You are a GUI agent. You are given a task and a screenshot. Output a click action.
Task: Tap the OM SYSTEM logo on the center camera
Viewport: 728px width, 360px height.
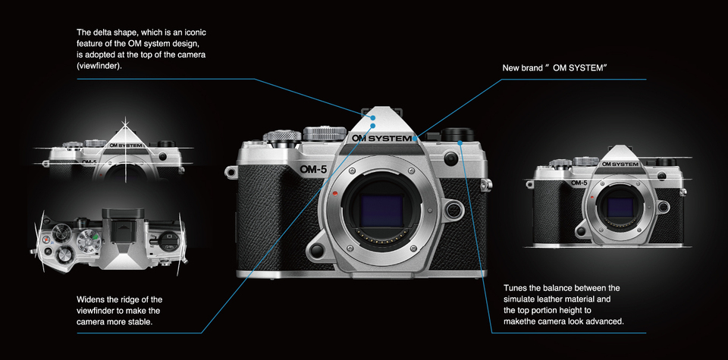[381, 139]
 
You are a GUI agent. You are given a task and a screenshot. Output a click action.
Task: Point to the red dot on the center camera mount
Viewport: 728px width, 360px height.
[334, 193]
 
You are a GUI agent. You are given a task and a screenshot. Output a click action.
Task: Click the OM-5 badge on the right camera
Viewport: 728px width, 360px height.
[579, 183]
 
